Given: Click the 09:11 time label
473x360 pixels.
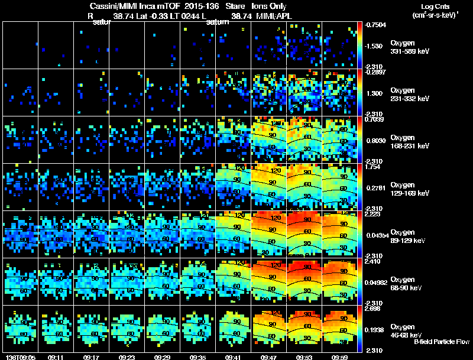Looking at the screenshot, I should point(56,357).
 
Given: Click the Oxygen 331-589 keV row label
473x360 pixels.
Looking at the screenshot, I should point(410,48).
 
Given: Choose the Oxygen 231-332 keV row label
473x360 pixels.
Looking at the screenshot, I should point(410,95).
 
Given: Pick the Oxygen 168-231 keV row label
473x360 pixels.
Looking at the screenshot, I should point(410,142).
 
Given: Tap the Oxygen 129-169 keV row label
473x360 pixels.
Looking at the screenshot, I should point(410,189).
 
